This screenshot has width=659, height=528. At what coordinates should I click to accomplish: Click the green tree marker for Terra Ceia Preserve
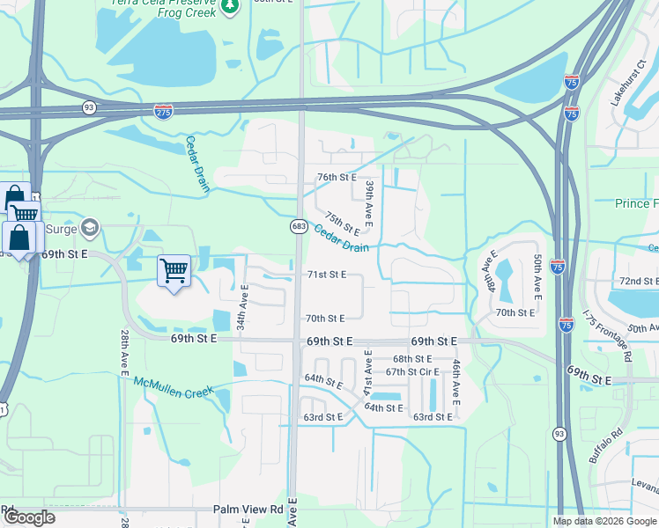[230, 6]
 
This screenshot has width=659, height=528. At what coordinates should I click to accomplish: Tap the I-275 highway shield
[163, 111]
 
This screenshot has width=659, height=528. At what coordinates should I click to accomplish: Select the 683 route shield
[299, 227]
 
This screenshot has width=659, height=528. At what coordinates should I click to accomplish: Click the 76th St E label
[337, 177]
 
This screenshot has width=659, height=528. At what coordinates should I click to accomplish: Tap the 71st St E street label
[326, 275]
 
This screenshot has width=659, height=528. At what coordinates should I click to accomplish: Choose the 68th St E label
[412, 359]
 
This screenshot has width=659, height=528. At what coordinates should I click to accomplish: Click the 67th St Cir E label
[412, 371]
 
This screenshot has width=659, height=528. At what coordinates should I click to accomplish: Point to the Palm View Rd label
[248, 510]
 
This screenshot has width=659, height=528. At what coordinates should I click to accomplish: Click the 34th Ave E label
[244, 307]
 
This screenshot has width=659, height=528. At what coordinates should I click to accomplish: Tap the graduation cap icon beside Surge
[89, 228]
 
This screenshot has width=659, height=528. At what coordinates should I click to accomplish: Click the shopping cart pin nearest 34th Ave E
[174, 270]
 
